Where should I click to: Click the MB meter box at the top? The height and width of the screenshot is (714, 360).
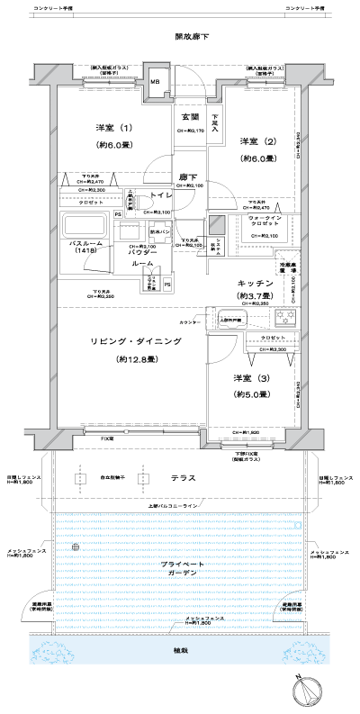[156, 83]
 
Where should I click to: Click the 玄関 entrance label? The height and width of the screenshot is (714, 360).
[189, 118]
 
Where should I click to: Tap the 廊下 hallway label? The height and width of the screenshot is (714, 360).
[187, 176]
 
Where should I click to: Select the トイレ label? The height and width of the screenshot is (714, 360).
[162, 195]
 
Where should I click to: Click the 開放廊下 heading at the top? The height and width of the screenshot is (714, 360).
[192, 37]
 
